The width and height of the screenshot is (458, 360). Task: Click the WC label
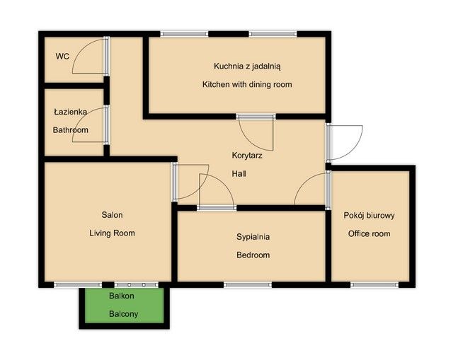[x=62, y=56]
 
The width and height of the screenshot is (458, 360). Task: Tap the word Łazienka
[x=70, y=112]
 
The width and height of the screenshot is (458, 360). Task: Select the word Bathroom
[x=70, y=130]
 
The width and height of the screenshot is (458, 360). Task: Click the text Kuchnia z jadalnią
[x=247, y=66]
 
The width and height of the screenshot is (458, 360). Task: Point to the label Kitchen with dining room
[x=247, y=85]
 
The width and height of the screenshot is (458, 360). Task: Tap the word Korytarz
[x=247, y=156]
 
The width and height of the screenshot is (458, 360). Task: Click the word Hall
[x=239, y=174]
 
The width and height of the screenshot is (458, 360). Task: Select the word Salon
[x=112, y=215]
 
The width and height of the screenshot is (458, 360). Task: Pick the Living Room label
[x=112, y=233]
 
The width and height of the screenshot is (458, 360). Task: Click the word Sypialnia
[x=253, y=237]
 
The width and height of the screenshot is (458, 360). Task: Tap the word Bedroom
[x=253, y=255]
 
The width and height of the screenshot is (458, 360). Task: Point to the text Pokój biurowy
[x=369, y=216]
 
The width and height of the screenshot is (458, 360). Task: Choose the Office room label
[x=369, y=233]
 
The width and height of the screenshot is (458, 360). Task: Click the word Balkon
[x=122, y=296]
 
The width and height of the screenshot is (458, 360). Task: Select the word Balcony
[x=123, y=314]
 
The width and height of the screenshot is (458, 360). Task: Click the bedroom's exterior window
[x=248, y=285]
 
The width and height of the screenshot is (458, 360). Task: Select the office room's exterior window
[x=374, y=285]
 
